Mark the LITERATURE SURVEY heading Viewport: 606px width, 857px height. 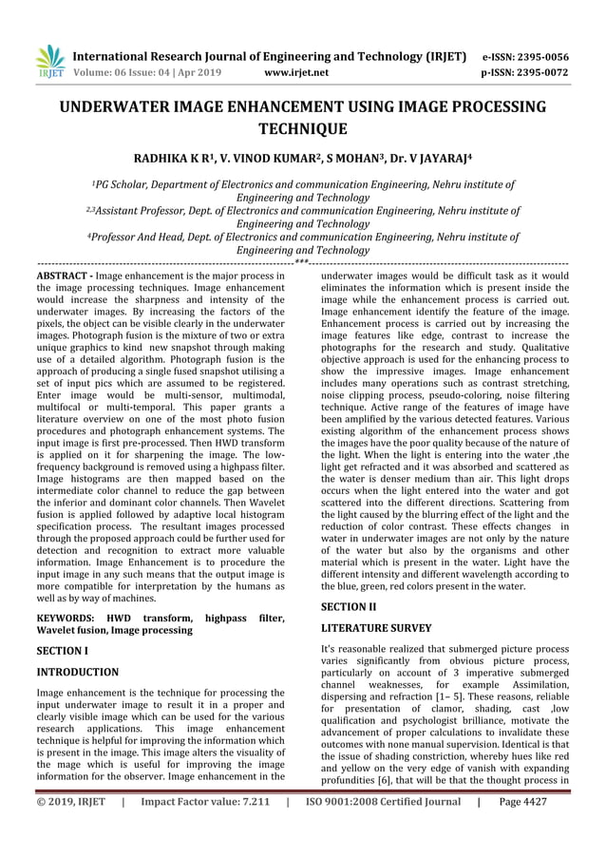[376, 628]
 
